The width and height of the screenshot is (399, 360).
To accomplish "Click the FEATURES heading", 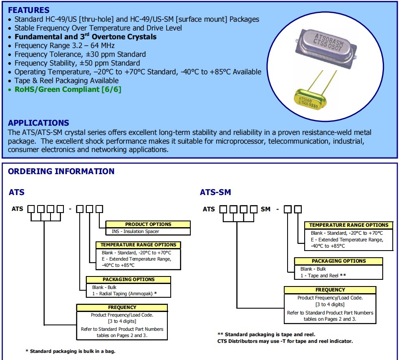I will click(29, 10).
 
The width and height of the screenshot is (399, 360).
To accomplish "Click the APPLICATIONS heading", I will click(38, 123).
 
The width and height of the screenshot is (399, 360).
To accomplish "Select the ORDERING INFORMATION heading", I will click(61, 171).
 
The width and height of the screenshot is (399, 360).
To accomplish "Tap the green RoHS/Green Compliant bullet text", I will click(68, 89).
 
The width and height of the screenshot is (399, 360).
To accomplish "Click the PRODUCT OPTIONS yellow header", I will click(148, 224).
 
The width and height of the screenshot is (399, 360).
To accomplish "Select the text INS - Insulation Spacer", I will click(135, 231).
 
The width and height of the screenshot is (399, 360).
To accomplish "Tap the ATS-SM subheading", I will click(215, 193).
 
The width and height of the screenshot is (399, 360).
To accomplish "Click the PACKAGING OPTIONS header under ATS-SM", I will click(338, 261).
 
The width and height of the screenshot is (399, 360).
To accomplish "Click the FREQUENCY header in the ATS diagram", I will click(122, 307).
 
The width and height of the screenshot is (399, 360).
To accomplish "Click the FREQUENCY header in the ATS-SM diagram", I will click(330, 289).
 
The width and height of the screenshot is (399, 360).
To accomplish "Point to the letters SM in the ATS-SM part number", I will click(265, 209).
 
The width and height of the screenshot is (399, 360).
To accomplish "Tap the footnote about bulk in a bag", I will click(71, 351).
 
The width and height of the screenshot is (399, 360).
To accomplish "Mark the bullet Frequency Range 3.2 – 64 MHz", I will click(64, 46).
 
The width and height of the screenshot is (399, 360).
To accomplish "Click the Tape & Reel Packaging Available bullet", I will click(66, 81).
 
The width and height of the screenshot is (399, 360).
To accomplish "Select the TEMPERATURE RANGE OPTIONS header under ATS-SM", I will click(348, 225).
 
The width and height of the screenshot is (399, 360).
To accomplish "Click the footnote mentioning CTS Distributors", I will click(285, 341).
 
